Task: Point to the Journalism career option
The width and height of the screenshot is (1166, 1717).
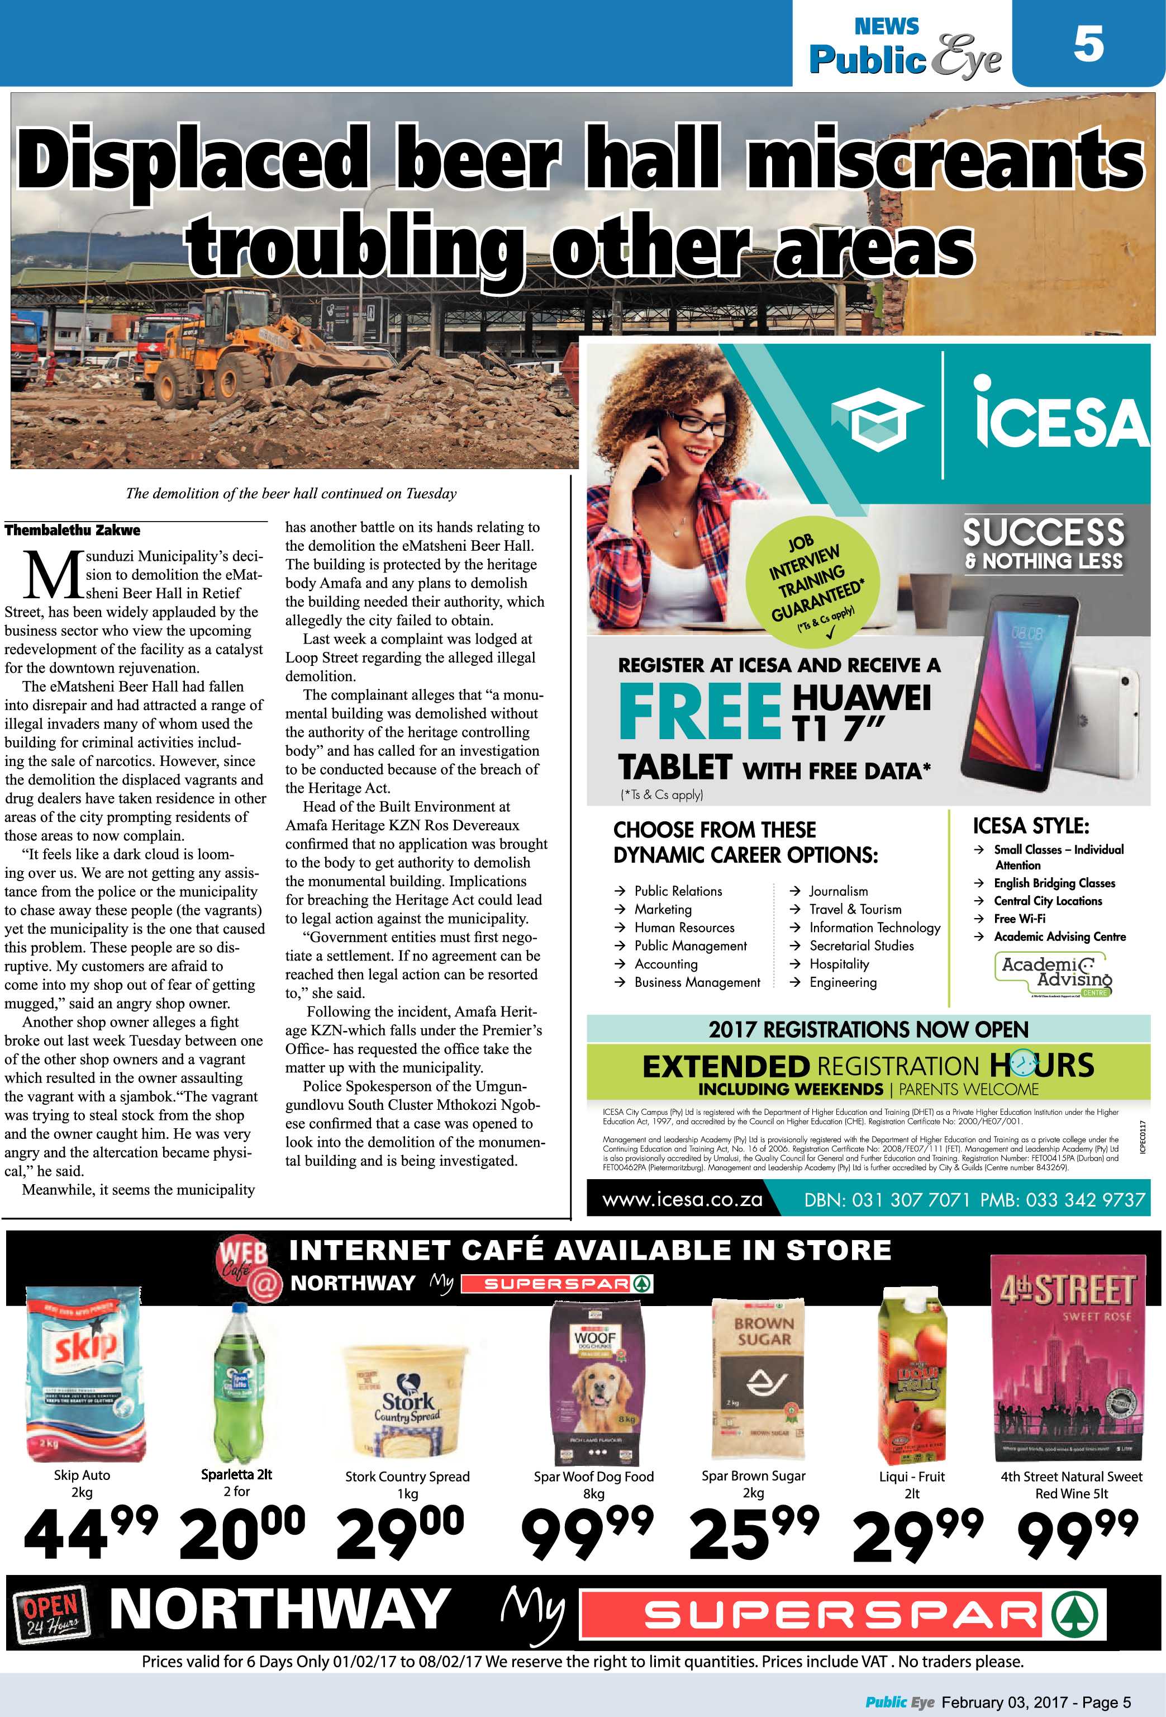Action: click(x=838, y=891)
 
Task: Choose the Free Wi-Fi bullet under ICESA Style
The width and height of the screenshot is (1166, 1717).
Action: click(x=1019, y=919)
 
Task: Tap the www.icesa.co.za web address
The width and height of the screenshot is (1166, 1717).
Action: click(x=682, y=1199)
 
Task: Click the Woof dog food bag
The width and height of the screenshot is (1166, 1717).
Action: click(x=594, y=1381)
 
